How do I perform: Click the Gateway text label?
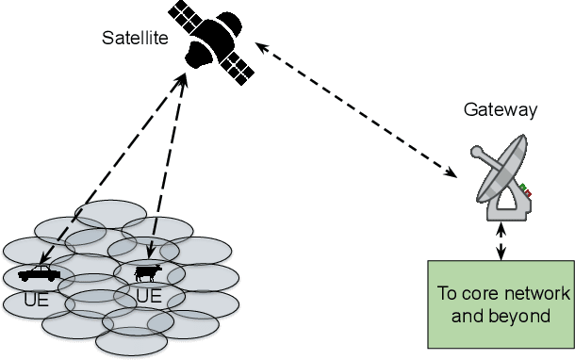tap(501, 110)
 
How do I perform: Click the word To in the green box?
tap(447, 293)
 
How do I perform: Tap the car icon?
tap(39, 273)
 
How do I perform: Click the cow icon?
tap(147, 273)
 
